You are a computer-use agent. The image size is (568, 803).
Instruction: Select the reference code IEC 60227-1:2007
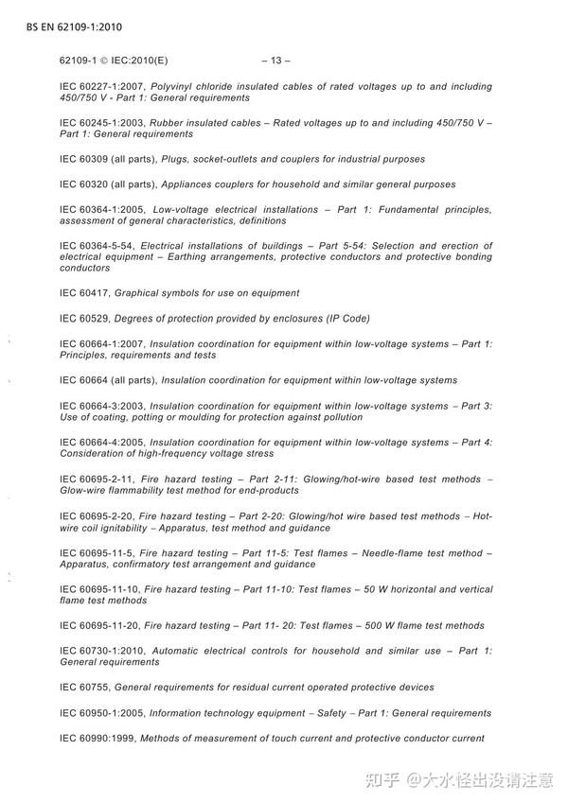[103, 87]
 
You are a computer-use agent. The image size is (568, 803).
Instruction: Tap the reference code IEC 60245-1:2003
[103, 123]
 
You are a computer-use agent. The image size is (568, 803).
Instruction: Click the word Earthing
[241, 257]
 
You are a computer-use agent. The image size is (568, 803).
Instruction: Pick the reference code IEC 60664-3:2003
[103, 406]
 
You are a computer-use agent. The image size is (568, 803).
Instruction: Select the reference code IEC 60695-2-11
[96, 480]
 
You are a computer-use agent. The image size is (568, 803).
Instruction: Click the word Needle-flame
[408, 552]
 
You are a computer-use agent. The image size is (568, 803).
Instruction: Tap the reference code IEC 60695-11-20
[99, 625]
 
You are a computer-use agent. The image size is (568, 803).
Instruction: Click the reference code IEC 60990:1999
[99, 738]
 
